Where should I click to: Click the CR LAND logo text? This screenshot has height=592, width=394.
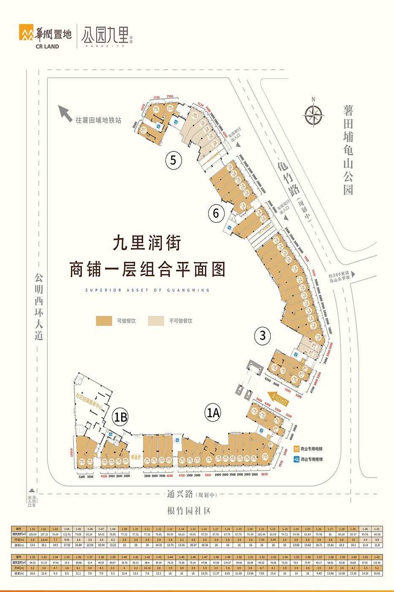point(47,47)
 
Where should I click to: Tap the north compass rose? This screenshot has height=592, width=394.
point(313,115)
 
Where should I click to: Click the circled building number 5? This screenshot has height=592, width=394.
point(173,161)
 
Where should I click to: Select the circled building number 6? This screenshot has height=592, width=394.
point(216,213)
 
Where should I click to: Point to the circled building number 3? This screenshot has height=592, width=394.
point(262,336)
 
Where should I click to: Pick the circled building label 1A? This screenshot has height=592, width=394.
point(213,412)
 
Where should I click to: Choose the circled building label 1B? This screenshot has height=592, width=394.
point(120,417)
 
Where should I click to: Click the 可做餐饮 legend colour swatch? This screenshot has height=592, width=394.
point(104,321)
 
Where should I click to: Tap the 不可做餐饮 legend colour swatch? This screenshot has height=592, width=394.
point(156,321)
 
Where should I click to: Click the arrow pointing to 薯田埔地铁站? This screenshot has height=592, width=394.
point(65,113)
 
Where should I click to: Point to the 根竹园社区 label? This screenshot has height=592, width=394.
point(189,511)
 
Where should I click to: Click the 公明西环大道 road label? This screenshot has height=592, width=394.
point(39,307)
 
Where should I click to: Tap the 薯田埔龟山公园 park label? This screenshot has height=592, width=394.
point(348,150)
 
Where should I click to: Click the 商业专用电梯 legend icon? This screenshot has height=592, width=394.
point(297,449)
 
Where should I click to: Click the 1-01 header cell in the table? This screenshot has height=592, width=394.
point(33,529)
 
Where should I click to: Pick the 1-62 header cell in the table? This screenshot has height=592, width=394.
point(377,557)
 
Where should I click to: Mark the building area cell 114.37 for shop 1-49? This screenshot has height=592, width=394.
point(227,563)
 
